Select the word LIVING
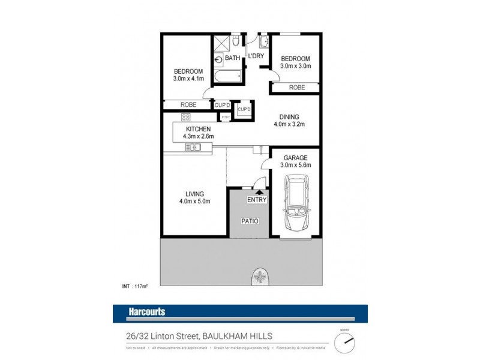(x=195, y=194)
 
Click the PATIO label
(x=251, y=221)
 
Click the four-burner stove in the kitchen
(x=186, y=134)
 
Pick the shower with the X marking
(x=220, y=43)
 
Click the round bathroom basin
(x=217, y=59)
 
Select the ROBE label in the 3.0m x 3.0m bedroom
(x=296, y=88)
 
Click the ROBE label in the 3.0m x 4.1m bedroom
(x=188, y=104)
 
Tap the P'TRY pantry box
(x=226, y=116)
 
